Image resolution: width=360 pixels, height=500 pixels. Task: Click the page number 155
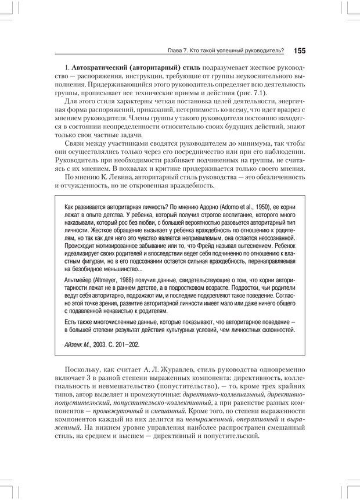tap(300, 51)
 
